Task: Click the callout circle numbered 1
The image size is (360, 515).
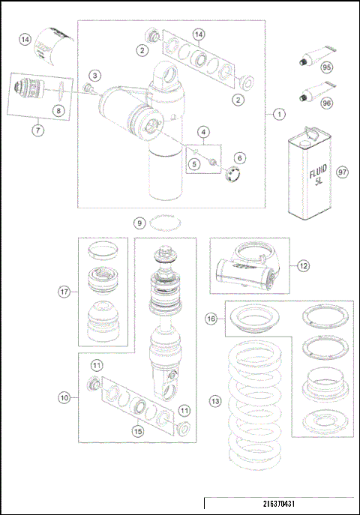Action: (277, 115)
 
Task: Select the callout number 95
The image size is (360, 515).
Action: (327, 67)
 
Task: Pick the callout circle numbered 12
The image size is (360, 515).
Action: (302, 265)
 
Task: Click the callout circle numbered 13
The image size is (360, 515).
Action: (215, 402)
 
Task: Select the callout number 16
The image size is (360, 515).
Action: (213, 319)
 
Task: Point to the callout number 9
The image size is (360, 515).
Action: (139, 223)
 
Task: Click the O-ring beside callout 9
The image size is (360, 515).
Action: (164, 222)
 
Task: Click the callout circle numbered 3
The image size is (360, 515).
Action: (95, 75)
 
